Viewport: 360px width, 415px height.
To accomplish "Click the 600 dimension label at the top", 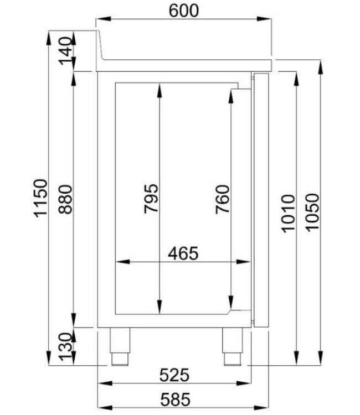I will click(183, 10).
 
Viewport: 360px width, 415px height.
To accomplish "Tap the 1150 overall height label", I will click(39, 198).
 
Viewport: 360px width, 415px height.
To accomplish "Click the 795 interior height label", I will click(151, 198).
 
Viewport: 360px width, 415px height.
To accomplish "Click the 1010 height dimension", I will click(289, 213).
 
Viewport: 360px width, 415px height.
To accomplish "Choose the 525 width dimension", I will click(174, 375).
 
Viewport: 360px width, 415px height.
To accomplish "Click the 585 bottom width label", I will click(174, 398).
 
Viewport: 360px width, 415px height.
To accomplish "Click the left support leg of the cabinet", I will click(120, 346).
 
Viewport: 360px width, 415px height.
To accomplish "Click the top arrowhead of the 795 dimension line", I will click(159, 89).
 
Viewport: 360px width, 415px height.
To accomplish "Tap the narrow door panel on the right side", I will click(260, 199).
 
